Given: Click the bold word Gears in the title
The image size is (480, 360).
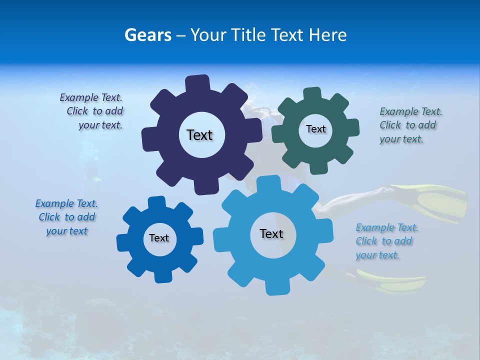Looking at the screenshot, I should pos(147,35).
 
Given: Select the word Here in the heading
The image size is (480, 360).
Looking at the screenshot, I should pos(327,35).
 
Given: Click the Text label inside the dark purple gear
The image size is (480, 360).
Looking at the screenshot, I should pos(199,135).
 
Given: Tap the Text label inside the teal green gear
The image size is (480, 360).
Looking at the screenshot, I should pos(315,129).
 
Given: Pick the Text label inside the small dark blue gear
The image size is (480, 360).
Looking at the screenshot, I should pos(159,238).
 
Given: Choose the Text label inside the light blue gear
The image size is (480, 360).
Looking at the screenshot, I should pos(271,233).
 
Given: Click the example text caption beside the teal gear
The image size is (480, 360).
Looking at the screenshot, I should pos(410,125).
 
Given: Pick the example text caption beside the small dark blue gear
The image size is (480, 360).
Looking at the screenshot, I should pos(66,217).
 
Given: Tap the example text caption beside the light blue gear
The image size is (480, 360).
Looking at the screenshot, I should pos(386,241).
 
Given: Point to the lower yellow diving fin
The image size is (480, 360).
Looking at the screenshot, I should pos(395,282).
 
